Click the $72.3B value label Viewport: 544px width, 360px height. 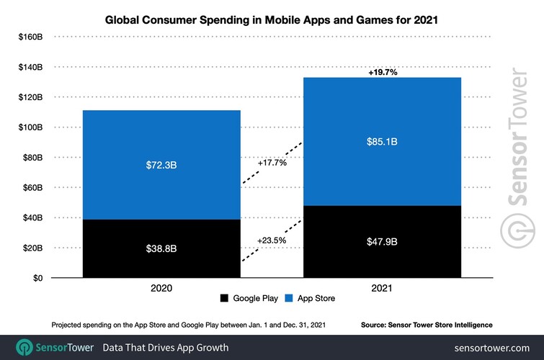coord(161,165)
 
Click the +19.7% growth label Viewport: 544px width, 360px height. coord(383,72)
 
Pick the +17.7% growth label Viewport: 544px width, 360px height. coord(272,163)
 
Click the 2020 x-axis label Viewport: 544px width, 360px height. coord(161,288)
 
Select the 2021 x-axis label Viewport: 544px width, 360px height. coord(383,288)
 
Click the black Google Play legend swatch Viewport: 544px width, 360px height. coord(223,298)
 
